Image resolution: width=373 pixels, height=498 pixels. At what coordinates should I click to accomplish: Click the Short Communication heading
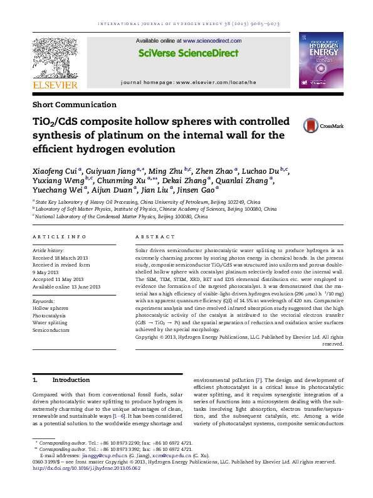point(74,105)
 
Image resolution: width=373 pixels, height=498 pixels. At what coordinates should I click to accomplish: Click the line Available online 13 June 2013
point(66,286)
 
